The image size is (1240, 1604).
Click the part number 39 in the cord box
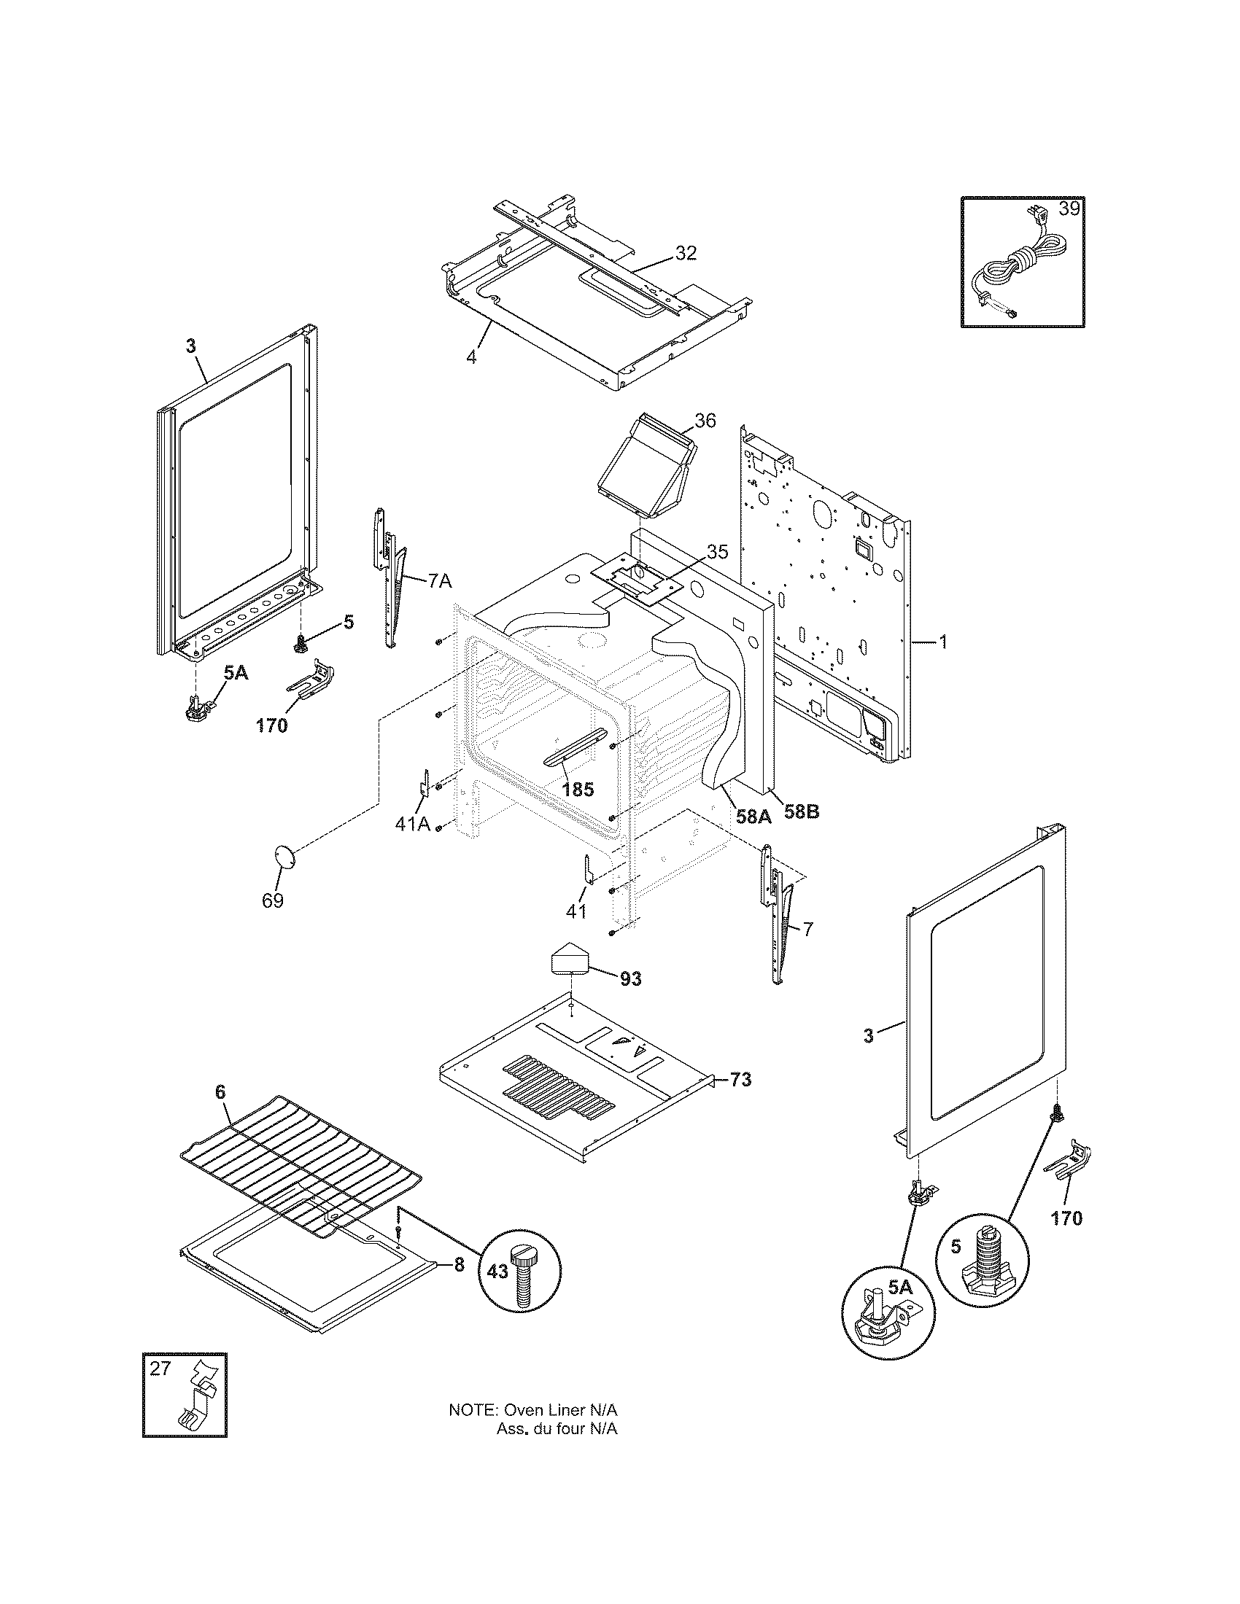tap(1069, 209)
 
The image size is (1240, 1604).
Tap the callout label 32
tap(685, 254)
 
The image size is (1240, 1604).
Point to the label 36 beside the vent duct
tap(705, 420)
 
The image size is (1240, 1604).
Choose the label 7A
tap(438, 582)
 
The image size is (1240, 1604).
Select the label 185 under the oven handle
tap(578, 790)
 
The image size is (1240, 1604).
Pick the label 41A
tap(412, 824)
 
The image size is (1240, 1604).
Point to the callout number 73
tap(741, 1080)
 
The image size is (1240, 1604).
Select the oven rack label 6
tap(220, 1113)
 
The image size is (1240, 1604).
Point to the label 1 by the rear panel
tap(942, 642)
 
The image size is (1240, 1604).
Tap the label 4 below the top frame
tap(471, 358)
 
